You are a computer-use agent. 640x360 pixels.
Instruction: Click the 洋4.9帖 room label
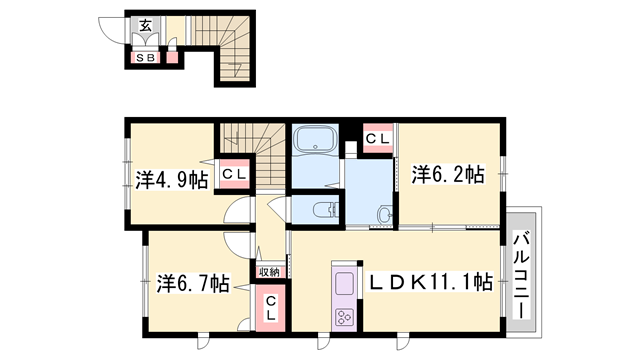[172, 180]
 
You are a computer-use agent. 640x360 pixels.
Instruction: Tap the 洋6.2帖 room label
[448, 174]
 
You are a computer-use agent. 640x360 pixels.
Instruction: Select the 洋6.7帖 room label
[193, 283]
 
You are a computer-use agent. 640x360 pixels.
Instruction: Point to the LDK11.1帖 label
[431, 282]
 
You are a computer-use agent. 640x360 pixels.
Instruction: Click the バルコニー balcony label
[521, 275]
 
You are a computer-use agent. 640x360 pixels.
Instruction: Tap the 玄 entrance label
[145, 26]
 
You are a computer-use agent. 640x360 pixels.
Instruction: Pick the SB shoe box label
[145, 58]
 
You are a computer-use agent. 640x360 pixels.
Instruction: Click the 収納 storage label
[269, 272]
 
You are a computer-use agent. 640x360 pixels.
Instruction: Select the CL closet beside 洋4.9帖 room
[234, 174]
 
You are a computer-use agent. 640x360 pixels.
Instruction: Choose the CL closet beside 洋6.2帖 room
[377, 139]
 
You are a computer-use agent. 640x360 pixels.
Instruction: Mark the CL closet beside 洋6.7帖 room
[271, 308]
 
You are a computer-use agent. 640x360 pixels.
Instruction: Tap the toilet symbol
[325, 210]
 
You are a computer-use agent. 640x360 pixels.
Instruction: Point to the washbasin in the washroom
[385, 213]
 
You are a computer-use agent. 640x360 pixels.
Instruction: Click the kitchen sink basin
[344, 283]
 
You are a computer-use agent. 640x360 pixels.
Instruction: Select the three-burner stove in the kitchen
[344, 317]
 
